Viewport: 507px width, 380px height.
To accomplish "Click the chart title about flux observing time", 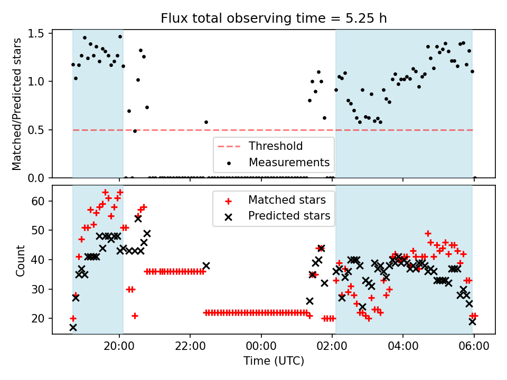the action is pyautogui.click(x=274, y=18).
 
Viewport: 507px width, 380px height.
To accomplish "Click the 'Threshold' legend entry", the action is pyautogui.click(x=276, y=146).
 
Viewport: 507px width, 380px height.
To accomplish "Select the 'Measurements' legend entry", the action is pyautogui.click(x=289, y=162).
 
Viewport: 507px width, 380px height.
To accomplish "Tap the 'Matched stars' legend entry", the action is pyautogui.click(x=287, y=200).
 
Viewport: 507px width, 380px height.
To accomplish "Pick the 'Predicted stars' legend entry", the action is pyautogui.click(x=289, y=216).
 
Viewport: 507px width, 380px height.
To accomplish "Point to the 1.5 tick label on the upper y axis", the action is pyautogui.click(x=39, y=34).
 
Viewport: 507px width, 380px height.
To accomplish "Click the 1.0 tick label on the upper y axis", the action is pyautogui.click(x=39, y=81).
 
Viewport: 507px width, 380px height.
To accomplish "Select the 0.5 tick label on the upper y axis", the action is pyautogui.click(x=39, y=130).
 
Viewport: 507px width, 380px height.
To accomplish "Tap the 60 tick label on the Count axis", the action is pyautogui.click(x=38, y=201).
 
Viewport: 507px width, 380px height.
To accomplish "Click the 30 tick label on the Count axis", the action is pyautogui.click(x=38, y=289).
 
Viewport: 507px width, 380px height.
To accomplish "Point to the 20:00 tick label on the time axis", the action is pyautogui.click(x=119, y=346).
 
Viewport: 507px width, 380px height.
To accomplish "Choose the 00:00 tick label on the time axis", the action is pyautogui.click(x=261, y=346).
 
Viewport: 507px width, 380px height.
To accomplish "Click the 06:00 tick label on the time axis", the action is pyautogui.click(x=474, y=346).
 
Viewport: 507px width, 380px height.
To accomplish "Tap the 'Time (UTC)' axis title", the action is pyautogui.click(x=274, y=360).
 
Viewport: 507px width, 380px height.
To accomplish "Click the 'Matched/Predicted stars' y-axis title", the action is pyautogui.click(x=16, y=104).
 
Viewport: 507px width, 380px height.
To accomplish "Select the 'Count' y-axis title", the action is pyautogui.click(x=20, y=261).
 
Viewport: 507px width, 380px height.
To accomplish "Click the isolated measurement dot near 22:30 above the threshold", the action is pyautogui.click(x=206, y=122).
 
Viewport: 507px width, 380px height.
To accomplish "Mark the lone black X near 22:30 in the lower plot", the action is pyautogui.click(x=206, y=266).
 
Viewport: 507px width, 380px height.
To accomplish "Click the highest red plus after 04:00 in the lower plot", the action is pyautogui.click(x=428, y=233).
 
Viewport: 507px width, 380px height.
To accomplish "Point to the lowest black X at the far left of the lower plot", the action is pyautogui.click(x=73, y=328).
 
